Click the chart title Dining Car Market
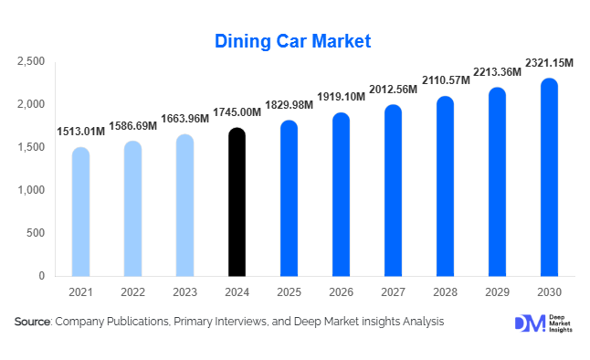point(293,41)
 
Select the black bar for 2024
point(237,202)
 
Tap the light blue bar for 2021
point(80,211)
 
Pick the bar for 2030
point(549,177)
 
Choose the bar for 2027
point(393,190)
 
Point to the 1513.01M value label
point(80,132)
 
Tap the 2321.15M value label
point(549,63)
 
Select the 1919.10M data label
point(341,97)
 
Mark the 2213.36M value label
point(497,71)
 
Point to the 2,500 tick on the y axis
point(31,61)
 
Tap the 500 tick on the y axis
point(36,233)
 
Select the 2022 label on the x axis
point(132,291)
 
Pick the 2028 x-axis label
point(445,291)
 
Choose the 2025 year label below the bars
point(289,291)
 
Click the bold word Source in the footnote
point(32,322)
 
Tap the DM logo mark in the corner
point(529,323)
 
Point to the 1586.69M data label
point(132,125)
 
